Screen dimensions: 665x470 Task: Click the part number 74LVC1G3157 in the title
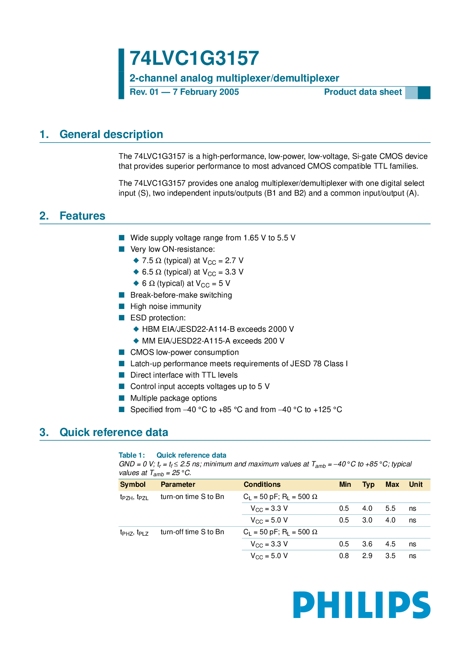[x=194, y=59]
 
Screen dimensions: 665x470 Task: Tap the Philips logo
[x=362, y=605]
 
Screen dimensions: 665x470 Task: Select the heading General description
[x=111, y=134]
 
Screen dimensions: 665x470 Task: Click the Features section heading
[x=82, y=216]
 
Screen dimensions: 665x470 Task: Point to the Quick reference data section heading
[x=114, y=432]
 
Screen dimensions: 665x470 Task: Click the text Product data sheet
[x=363, y=92]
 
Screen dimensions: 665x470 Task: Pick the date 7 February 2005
[x=206, y=92]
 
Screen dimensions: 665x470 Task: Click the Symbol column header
[x=133, y=485]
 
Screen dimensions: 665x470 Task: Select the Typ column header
[x=368, y=485]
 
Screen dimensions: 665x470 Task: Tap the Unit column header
[x=415, y=485]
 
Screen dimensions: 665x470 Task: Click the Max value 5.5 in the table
[x=390, y=508]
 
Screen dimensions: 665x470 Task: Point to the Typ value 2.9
[x=367, y=556]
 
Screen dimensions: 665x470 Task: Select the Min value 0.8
[x=344, y=556]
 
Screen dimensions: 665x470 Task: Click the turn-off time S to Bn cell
[x=192, y=532]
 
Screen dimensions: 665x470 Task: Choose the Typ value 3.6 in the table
[x=367, y=544]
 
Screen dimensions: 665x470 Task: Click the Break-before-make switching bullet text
[x=181, y=295]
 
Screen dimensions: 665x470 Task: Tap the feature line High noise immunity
[x=166, y=306]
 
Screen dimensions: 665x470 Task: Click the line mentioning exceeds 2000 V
[x=218, y=329]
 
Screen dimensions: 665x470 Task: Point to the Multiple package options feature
[x=173, y=398]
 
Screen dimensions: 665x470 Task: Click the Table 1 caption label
[x=132, y=455]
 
